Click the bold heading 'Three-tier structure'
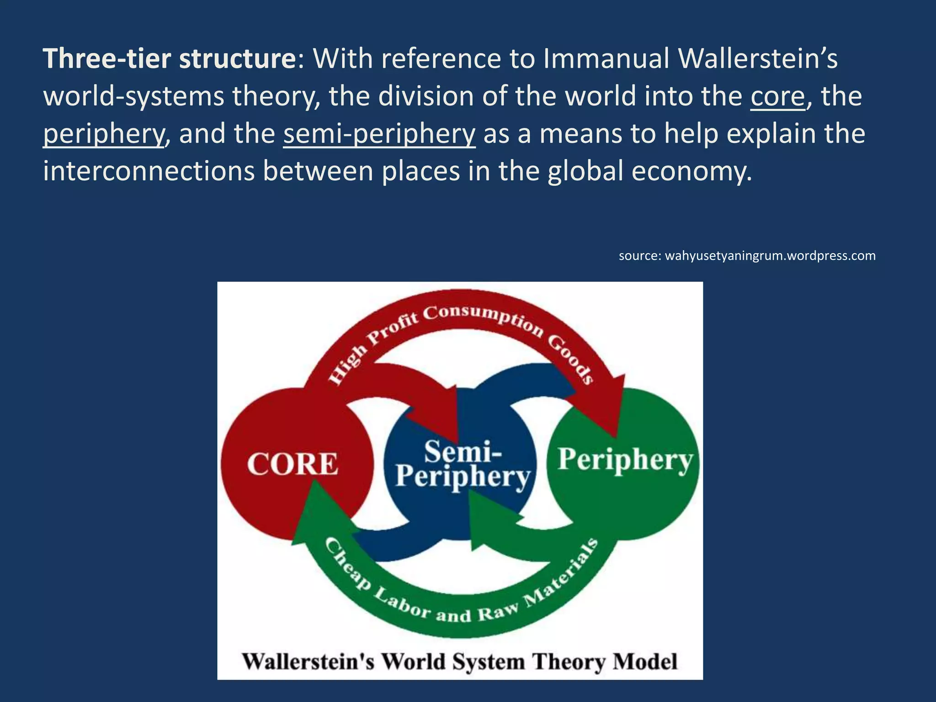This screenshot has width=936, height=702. click(x=170, y=59)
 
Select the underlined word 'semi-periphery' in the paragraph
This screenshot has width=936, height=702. click(x=379, y=134)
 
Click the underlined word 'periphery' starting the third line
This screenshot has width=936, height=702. click(x=103, y=134)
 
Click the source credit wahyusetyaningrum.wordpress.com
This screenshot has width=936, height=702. click(x=747, y=255)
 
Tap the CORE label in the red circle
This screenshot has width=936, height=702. click(x=292, y=464)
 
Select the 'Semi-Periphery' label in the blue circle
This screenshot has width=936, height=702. click(x=463, y=464)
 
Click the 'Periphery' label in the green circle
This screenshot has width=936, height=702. click(x=625, y=460)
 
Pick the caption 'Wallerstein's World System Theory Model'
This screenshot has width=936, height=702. click(x=460, y=662)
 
